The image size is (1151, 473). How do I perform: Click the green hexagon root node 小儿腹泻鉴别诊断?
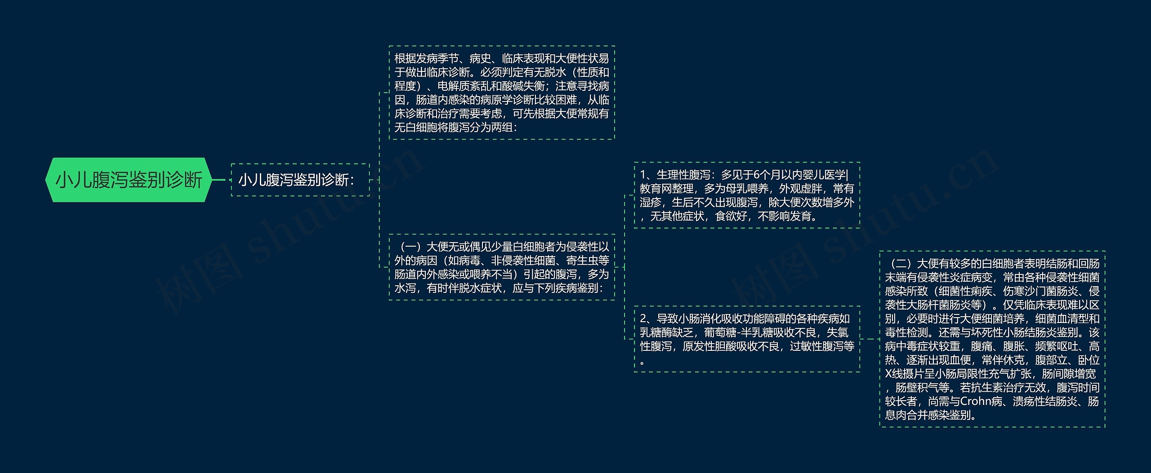click(x=129, y=180)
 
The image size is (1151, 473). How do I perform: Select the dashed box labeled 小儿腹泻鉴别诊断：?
click(x=300, y=180)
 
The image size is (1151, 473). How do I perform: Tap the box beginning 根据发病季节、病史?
click(x=501, y=93)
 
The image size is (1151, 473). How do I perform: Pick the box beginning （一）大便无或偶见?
click(x=501, y=267)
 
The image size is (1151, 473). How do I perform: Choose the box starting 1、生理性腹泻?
click(x=747, y=195)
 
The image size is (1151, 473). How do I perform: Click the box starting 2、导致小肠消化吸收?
click(x=747, y=339)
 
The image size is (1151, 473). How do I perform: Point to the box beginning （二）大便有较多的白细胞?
click(x=992, y=339)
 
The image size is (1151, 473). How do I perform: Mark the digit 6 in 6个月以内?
click(x=756, y=175)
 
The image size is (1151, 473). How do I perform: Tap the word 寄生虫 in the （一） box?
click(x=593, y=261)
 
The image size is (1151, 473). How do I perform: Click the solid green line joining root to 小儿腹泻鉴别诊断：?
click(x=219, y=180)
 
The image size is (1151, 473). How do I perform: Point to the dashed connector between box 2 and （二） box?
click(x=870, y=339)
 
